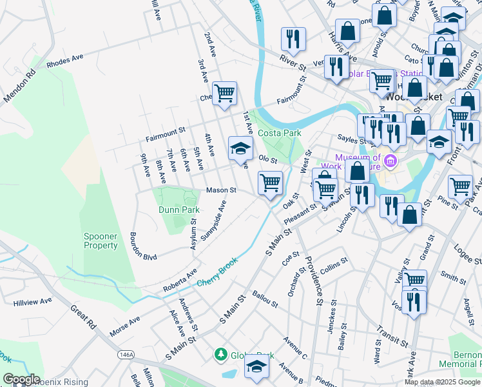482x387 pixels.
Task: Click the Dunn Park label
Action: click(178, 210)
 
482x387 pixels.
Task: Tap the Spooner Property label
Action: click(101, 241)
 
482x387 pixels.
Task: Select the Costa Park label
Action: click(280, 133)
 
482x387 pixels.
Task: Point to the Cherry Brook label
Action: click(217, 272)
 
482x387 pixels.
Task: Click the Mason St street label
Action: click(222, 190)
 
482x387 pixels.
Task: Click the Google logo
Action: click(21, 379)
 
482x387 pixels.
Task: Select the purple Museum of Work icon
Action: click(389, 159)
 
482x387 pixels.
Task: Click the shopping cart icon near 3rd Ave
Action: click(224, 93)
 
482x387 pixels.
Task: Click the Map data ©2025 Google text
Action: click(442, 382)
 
